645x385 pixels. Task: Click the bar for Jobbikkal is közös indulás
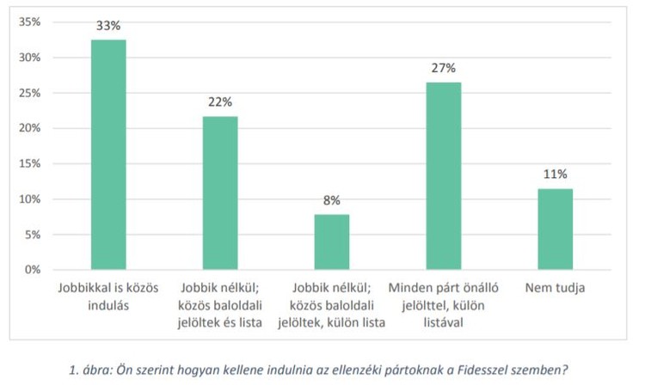click(108, 155)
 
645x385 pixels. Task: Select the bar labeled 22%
click(220, 193)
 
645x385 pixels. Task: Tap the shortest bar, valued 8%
click(332, 242)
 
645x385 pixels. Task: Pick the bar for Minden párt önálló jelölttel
click(444, 176)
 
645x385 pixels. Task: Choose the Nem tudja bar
click(556, 229)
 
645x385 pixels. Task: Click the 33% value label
click(108, 26)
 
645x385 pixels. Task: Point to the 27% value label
click(444, 68)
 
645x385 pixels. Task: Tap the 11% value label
click(556, 174)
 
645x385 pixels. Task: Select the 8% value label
click(332, 200)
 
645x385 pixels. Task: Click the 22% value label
click(220, 102)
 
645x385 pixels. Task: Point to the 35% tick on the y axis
click(30, 21)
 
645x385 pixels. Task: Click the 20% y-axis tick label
click(30, 128)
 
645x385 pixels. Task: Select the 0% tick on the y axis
click(34, 270)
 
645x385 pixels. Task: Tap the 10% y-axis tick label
click(30, 199)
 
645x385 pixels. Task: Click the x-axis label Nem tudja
click(556, 288)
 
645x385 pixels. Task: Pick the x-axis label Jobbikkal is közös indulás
click(108, 296)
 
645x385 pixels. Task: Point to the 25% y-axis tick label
click(30, 93)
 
